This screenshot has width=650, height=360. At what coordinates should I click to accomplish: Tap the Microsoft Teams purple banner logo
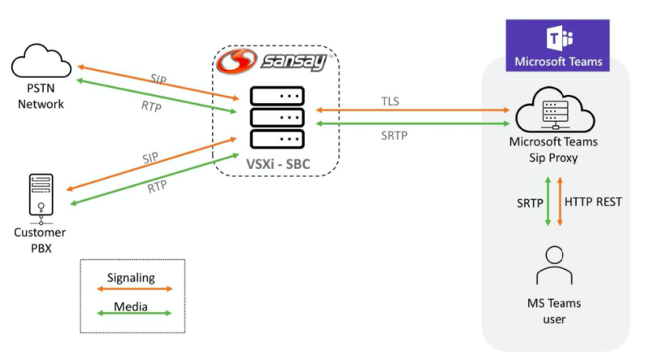click(x=557, y=46)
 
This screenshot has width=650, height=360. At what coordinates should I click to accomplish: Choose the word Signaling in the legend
click(x=131, y=277)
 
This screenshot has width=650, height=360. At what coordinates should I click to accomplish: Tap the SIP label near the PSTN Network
click(x=159, y=79)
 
